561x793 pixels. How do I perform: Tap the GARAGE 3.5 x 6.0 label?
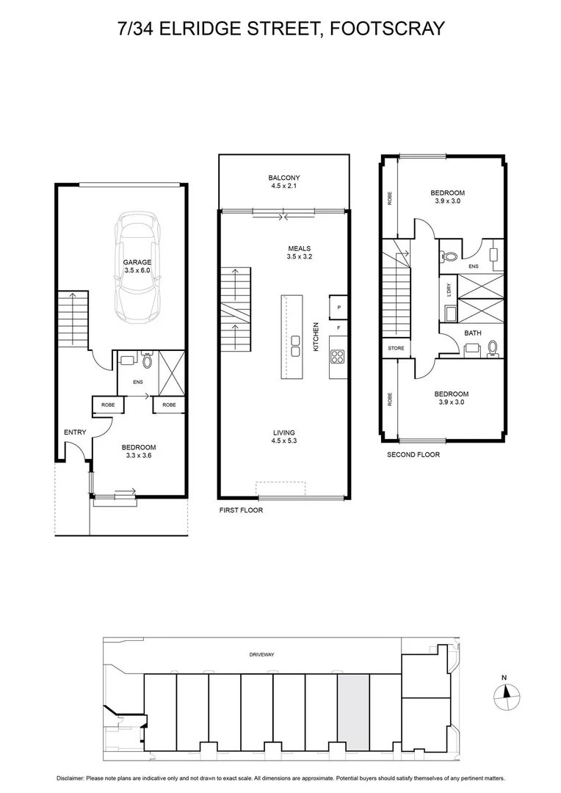point(137,266)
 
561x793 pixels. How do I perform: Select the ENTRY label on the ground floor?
point(75,432)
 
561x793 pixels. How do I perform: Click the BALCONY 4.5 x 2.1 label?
point(283,182)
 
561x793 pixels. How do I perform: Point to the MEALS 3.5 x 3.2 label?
point(300,253)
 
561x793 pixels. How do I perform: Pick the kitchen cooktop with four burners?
point(339,358)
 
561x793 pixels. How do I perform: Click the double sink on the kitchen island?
point(295,345)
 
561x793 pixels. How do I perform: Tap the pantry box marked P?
point(339,308)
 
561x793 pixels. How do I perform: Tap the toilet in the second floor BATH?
point(493,347)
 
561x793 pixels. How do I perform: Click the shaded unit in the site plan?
point(352,712)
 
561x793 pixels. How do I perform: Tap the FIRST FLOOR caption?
point(241,510)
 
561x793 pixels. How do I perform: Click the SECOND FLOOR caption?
point(413,455)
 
